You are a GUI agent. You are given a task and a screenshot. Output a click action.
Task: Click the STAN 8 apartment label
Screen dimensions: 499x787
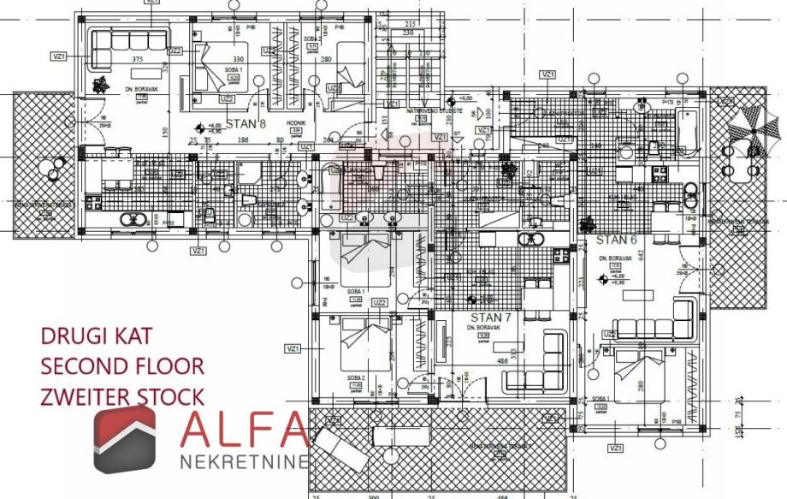[x=246, y=124]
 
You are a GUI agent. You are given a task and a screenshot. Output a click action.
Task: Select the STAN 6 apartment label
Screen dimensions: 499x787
[x=617, y=240]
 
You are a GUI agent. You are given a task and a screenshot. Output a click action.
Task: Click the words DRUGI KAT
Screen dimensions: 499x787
[x=98, y=336]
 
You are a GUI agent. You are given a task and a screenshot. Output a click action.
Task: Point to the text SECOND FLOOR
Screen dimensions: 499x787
[x=122, y=366]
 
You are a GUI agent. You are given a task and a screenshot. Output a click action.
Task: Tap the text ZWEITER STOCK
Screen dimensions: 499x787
[x=122, y=396]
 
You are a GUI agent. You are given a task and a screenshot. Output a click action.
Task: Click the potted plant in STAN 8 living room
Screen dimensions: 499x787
[x=102, y=84]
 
